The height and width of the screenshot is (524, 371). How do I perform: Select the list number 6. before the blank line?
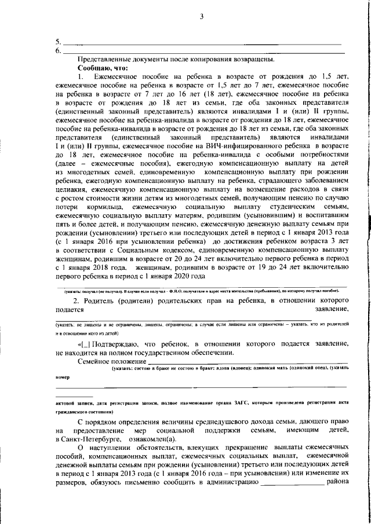click(x=57, y=51)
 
